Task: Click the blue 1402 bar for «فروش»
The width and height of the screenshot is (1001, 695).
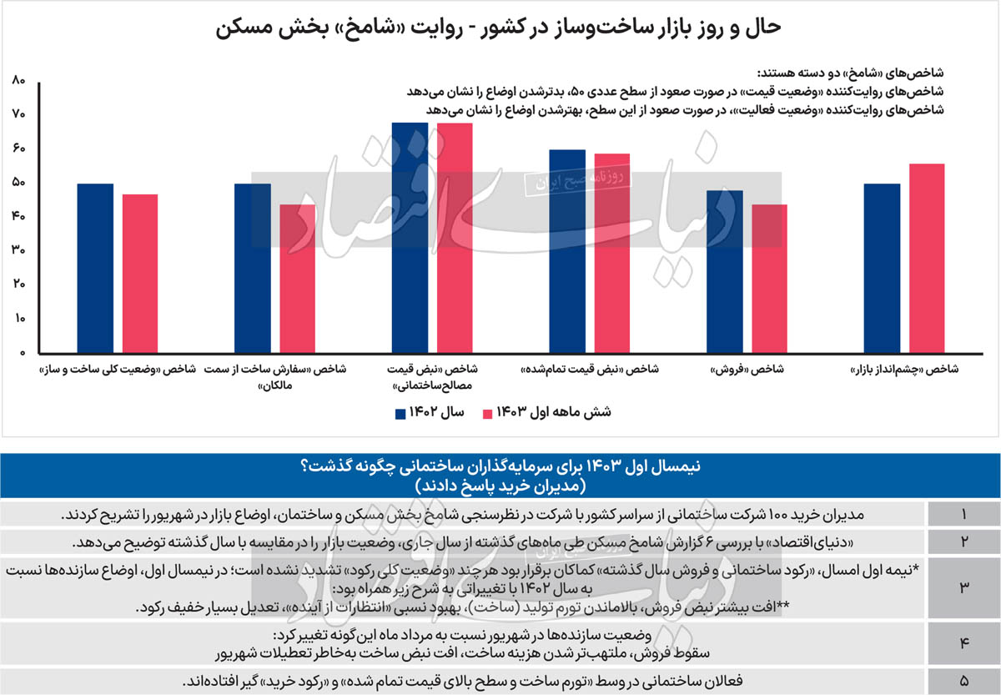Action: click(724, 271)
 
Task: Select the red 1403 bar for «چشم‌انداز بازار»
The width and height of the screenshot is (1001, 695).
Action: click(927, 258)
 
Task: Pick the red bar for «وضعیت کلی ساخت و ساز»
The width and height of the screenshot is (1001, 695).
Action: click(140, 273)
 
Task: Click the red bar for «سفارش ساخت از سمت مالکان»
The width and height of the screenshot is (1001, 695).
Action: click(297, 278)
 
